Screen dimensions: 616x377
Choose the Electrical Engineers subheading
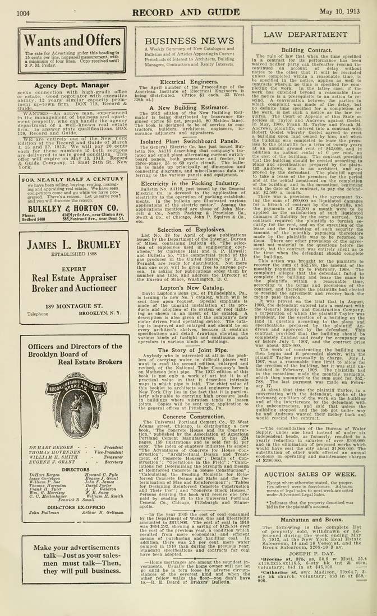click(188, 82)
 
